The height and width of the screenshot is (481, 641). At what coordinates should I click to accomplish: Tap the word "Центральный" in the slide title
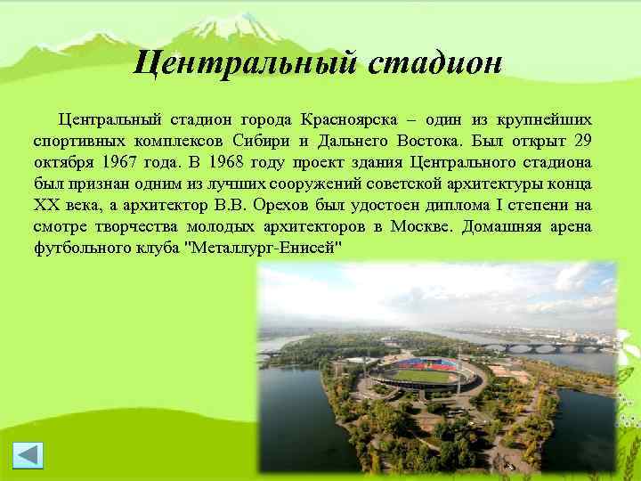[241, 63]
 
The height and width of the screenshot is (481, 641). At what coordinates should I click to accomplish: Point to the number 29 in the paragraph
[582, 141]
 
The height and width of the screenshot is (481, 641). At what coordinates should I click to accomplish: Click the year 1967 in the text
[122, 162]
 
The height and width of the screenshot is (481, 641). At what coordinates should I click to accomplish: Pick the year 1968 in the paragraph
[230, 162]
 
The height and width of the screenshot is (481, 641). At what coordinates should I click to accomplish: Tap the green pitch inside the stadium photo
[424, 375]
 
